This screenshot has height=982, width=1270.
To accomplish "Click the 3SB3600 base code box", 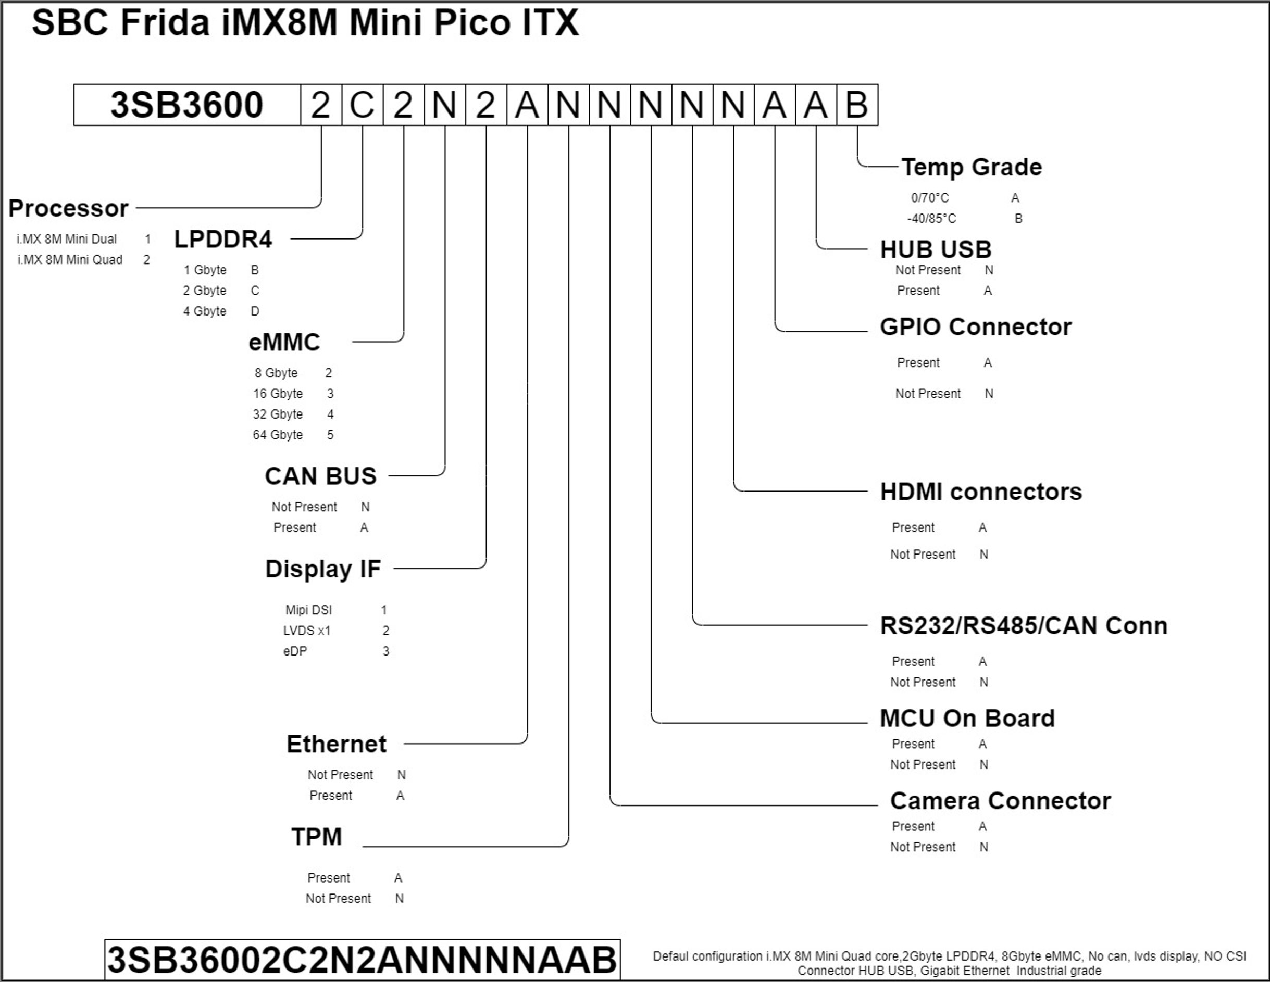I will (186, 105).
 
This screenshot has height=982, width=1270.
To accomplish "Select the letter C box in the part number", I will (362, 105).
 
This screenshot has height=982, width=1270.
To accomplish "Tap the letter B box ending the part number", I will (856, 105).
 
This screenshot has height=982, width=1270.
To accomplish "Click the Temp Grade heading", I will (971, 167).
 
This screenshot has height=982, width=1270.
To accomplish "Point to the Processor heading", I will (68, 208).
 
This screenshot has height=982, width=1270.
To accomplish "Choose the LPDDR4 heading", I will (223, 240).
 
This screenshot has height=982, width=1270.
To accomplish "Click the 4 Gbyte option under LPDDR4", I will (205, 311).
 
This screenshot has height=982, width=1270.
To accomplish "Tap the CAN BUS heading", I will (320, 476).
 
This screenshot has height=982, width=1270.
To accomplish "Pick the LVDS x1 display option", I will (306, 631).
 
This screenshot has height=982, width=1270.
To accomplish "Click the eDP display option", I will (295, 651).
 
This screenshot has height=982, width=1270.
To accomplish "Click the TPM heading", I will (316, 837).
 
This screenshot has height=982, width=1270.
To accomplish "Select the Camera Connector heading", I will (1000, 801).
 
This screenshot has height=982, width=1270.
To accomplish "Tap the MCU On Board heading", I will (966, 718).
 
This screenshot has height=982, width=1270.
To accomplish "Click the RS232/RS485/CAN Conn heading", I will (1024, 626).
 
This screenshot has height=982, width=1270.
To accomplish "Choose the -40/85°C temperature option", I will (931, 219).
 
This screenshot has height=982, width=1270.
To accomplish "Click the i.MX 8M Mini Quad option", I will (70, 260).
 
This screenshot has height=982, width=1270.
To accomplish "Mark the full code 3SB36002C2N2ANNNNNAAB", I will (362, 959).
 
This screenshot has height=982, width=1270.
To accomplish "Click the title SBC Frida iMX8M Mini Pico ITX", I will (305, 23).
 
